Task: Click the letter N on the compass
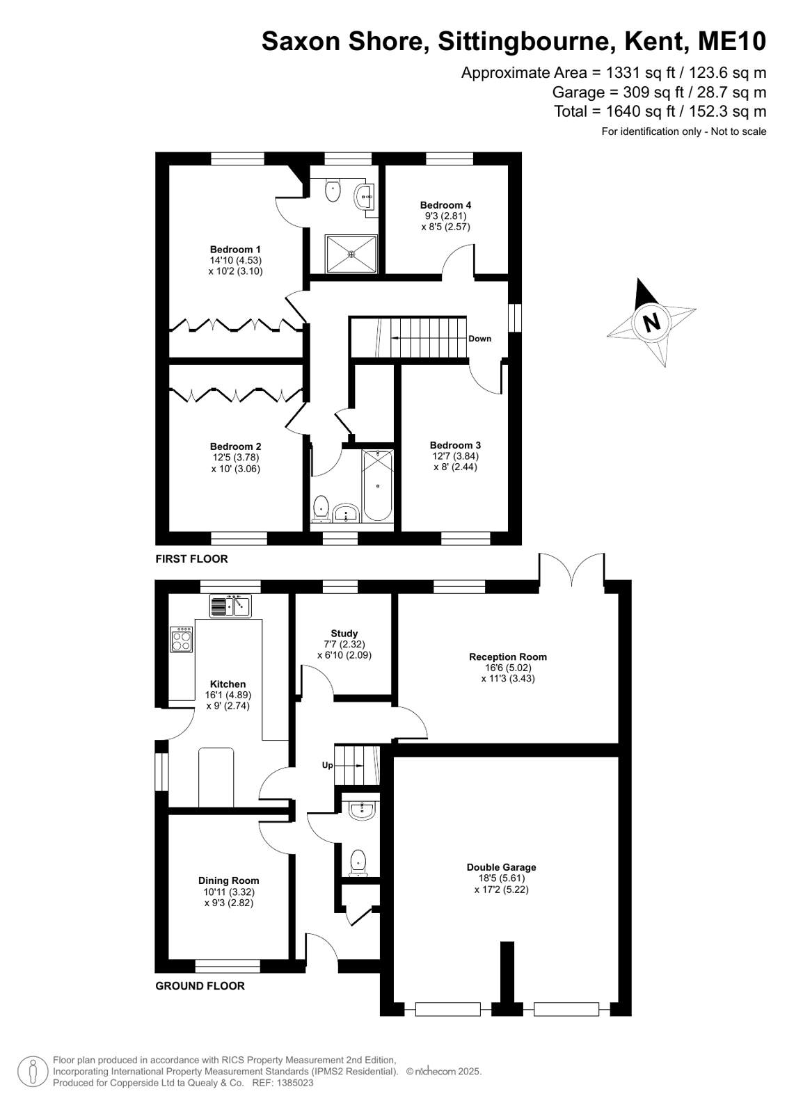point(651,323)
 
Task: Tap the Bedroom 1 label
point(235,249)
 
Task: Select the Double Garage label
point(501,867)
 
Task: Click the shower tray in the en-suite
point(351,254)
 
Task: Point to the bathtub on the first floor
point(378,485)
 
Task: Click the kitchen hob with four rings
point(182,639)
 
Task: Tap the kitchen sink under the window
point(230,606)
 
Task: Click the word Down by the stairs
point(480,339)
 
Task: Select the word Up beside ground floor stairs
point(328,765)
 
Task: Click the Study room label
point(344,634)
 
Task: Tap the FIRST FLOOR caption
point(192,559)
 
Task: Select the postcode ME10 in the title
point(732,41)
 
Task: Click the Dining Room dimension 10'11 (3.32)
point(229,892)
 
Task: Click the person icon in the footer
point(33,1071)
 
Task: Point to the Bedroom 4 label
point(445,205)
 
